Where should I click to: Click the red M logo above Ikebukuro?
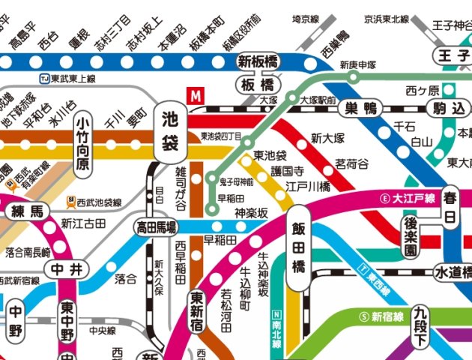pos(196,96)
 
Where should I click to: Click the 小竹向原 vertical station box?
pos(84,142)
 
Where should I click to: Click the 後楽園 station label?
pos(411,236)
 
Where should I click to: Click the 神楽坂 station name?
pos(251,213)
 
